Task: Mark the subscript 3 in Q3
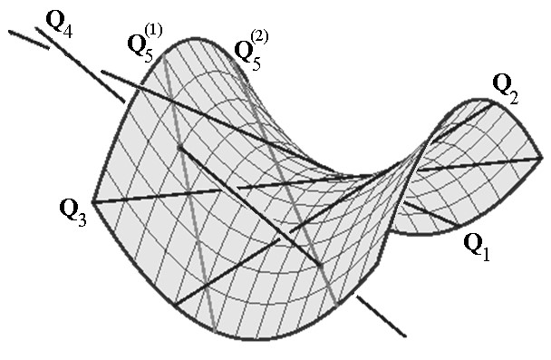[x=81, y=220]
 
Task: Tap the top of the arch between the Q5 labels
[x=195, y=42]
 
